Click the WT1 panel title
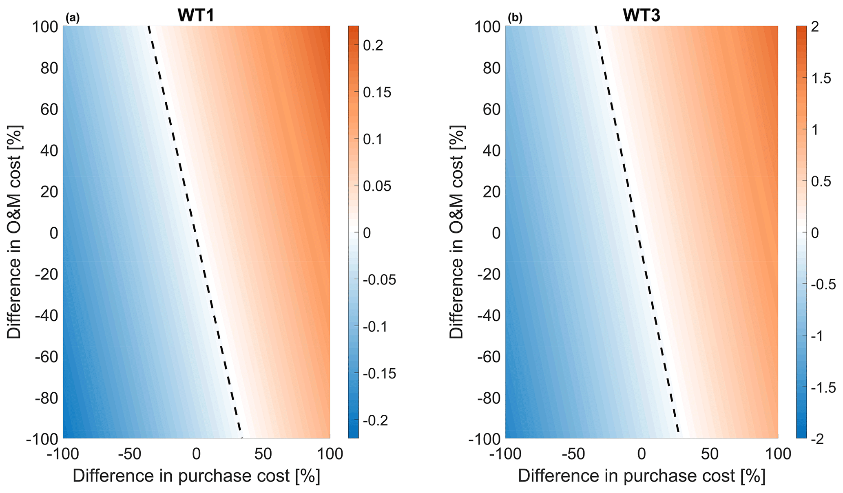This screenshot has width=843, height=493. click(x=196, y=15)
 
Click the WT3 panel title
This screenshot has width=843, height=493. click(x=641, y=15)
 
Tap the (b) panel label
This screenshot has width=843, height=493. click(x=515, y=18)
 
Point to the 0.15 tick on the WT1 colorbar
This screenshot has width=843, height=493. click(x=377, y=92)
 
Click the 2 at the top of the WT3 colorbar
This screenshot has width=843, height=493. click(x=815, y=27)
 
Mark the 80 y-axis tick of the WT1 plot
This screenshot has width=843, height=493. click(x=49, y=68)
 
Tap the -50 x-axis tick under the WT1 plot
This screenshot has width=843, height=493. click(x=129, y=454)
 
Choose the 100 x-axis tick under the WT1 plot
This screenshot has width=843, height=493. click(x=330, y=454)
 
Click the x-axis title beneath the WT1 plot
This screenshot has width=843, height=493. click(x=196, y=476)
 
